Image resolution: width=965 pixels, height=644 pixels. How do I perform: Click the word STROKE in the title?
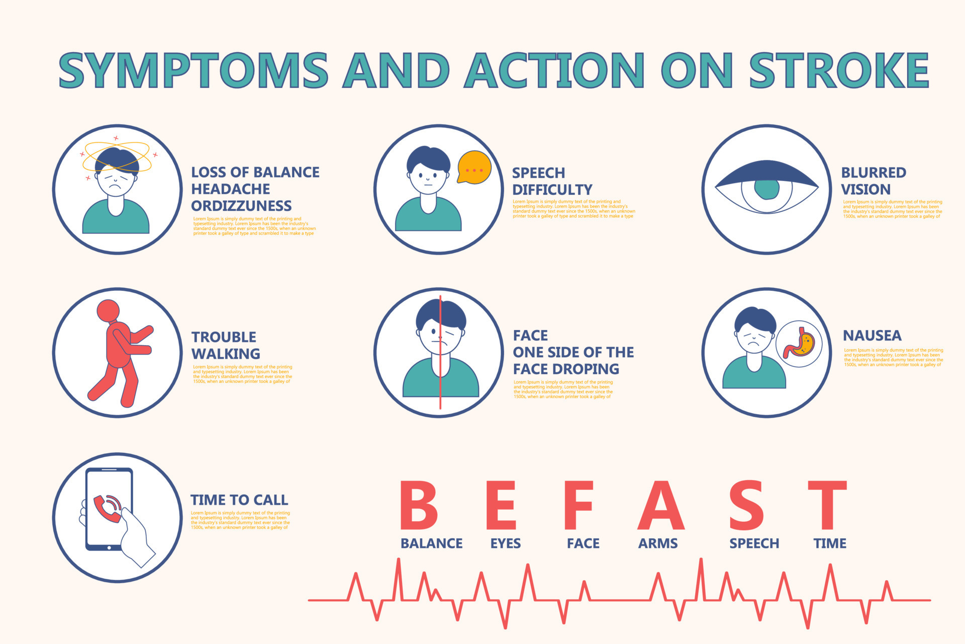point(838,70)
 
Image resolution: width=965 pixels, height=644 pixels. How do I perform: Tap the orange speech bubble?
point(473,167)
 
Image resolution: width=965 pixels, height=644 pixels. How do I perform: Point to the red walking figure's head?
point(108,311)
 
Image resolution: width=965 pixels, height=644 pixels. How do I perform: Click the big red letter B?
point(419,505)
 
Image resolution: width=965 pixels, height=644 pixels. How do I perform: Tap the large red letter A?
point(660,505)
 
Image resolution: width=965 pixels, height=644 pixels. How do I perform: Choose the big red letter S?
point(746,505)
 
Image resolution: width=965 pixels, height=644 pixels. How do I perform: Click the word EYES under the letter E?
point(505,543)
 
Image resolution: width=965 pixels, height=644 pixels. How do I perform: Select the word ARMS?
point(658,543)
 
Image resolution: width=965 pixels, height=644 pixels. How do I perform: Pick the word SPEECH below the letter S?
point(754,543)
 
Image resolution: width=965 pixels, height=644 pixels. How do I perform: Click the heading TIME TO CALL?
point(239,500)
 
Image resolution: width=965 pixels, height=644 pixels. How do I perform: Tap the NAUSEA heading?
point(872,336)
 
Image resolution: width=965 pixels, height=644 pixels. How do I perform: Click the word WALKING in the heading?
point(226,354)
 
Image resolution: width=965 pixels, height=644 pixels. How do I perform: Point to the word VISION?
point(865,190)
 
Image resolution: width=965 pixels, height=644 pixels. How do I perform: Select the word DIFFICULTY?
point(552,190)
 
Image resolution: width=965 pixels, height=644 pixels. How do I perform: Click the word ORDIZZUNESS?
point(241,206)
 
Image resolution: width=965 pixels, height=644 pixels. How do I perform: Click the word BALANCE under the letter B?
point(431,543)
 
